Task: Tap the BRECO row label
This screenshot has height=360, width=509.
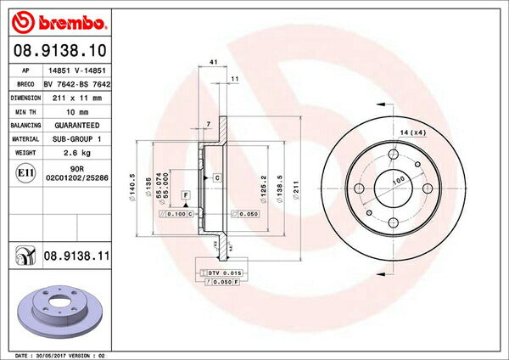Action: (x=26, y=84)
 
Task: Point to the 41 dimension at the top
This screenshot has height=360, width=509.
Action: (x=214, y=63)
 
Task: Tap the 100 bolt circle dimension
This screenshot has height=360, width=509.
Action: (x=394, y=180)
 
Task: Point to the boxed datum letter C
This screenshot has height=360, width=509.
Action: (x=217, y=177)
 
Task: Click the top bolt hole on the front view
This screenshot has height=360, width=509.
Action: (x=394, y=154)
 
